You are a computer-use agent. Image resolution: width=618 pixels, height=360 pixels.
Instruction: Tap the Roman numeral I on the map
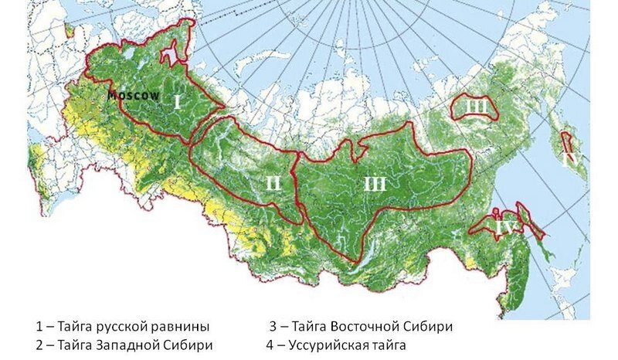point(176,102)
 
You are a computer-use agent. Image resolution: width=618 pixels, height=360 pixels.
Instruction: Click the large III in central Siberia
point(374,183)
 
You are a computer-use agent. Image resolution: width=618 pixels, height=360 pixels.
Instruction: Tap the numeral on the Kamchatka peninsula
point(571,157)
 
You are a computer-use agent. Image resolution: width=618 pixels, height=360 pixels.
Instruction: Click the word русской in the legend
point(120,325)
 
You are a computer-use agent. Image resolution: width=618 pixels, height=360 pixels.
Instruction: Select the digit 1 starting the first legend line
point(39,325)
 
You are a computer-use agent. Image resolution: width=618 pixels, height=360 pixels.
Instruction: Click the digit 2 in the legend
point(39,345)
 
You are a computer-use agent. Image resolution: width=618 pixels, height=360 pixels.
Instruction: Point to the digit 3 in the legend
point(272,325)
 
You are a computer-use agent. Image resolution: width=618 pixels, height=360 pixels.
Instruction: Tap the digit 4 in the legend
point(272,345)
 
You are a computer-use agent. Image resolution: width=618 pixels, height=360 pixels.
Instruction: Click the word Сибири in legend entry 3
point(430,325)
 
